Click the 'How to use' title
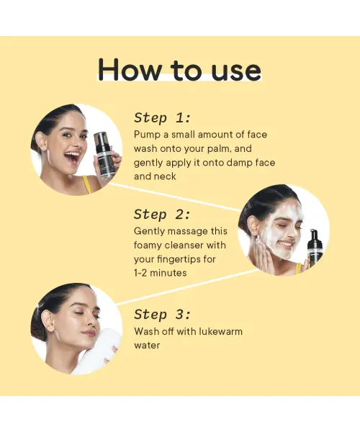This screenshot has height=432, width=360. (179, 70)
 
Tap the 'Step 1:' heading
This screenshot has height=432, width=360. (163, 117)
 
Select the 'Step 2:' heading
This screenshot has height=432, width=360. (163, 214)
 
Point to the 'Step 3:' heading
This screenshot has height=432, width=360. (163, 314)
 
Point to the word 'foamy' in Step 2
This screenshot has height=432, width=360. (150, 245)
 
